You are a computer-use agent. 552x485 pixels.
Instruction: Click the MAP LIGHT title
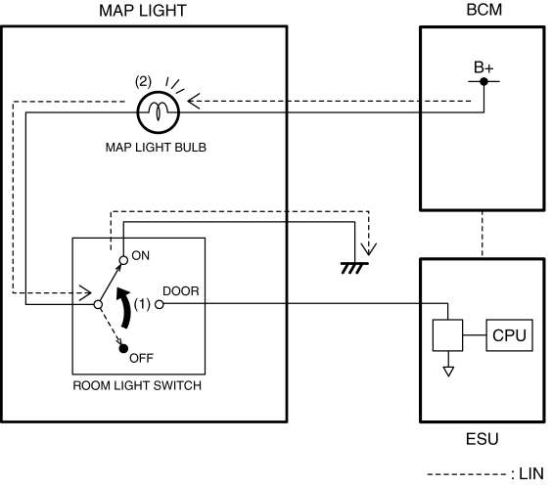tap(143, 11)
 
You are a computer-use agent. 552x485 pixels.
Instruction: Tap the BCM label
tap(484, 10)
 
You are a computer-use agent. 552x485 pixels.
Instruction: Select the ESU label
tap(482, 439)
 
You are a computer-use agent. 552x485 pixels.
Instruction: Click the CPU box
tap(509, 335)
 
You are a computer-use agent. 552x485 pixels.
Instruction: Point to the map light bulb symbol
tap(159, 112)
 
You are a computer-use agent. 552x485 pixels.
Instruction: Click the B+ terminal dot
tap(484, 81)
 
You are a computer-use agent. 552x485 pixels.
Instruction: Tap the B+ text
tap(483, 67)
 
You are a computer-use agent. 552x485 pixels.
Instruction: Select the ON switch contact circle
tap(123, 260)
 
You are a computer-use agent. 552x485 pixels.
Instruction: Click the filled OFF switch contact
tap(123, 348)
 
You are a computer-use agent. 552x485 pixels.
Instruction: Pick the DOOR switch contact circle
tap(160, 304)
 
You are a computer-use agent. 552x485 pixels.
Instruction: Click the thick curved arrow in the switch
tap(125, 307)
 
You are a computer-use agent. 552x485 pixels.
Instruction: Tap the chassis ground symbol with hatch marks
tap(354, 268)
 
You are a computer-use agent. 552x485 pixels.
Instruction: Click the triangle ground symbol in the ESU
tap(448, 372)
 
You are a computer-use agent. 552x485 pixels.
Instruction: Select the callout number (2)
tap(143, 81)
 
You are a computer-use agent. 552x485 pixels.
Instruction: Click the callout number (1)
tap(142, 304)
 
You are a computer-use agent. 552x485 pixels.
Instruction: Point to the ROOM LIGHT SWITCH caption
tap(137, 385)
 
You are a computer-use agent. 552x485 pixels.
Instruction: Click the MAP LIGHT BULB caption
tap(156, 147)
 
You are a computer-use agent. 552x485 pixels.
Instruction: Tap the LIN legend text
tap(531, 473)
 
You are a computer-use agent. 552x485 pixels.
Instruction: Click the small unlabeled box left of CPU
tap(448, 335)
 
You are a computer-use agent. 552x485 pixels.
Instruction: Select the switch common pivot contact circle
tap(99, 304)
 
